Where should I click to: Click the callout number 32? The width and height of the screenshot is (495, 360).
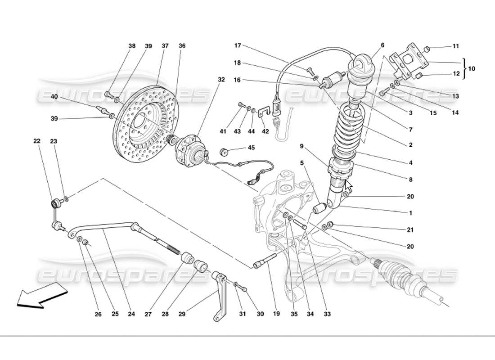[221, 80]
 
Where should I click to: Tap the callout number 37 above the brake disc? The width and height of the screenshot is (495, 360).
[165, 46]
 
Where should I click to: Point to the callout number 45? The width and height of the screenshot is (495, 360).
[251, 148]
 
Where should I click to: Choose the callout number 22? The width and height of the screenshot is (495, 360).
[36, 141]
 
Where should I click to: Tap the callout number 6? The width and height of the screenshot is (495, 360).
[382, 45]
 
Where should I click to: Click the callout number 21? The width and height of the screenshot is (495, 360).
[410, 230]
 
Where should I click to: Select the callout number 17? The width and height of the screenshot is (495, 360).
[238, 45]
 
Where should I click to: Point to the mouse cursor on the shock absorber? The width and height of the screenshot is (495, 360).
[348, 185]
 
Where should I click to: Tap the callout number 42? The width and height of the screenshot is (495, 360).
[265, 131]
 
